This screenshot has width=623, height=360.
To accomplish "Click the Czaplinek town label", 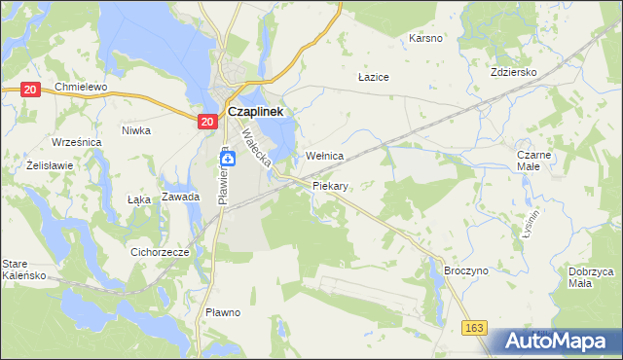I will [x=255, y=112].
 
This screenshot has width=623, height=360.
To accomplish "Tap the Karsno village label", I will [x=425, y=38].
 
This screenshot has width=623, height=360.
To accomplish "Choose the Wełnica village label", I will [x=325, y=156].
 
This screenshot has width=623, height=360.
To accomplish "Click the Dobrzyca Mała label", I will [x=592, y=277].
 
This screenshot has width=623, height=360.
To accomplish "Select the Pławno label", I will [x=223, y=312].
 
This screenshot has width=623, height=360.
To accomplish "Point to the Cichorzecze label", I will [x=159, y=251].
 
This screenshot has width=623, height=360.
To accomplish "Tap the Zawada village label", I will [x=181, y=197].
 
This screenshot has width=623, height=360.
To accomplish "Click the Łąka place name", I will [x=139, y=199].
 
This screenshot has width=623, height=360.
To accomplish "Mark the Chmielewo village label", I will [x=80, y=87].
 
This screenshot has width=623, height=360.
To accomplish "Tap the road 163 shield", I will [x=474, y=330].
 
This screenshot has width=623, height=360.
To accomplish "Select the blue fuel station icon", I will [x=225, y=158].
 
